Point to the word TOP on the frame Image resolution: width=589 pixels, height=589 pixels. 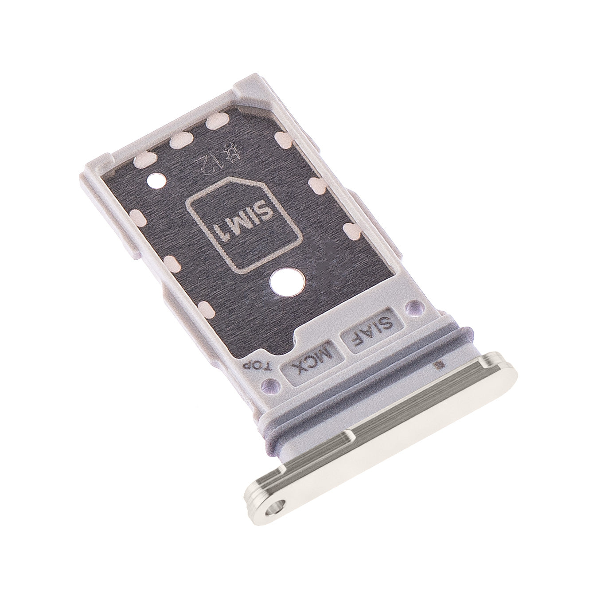tap(257, 364)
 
